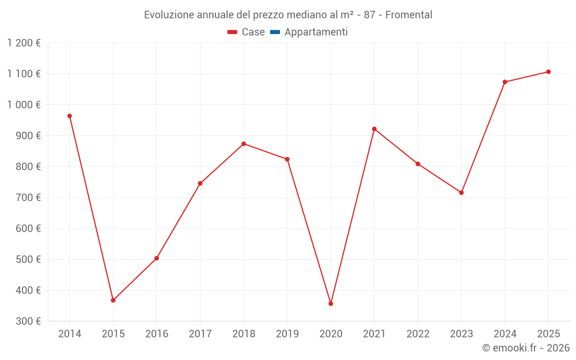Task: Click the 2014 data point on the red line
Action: point(70,116)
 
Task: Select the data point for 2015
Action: point(113,300)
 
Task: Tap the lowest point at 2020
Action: point(331,304)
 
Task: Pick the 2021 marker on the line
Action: point(374,129)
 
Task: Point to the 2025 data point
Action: point(548,72)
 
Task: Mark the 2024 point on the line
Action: point(505,82)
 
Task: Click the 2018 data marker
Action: point(244,143)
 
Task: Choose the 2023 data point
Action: point(461,192)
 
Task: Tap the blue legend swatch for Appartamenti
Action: point(275,32)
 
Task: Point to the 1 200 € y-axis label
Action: point(24,43)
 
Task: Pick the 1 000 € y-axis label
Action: point(24,105)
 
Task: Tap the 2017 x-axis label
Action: point(200,334)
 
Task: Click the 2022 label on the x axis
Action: point(418,334)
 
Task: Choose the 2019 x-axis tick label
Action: point(287,334)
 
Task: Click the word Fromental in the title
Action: point(408,15)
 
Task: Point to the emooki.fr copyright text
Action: point(525,348)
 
